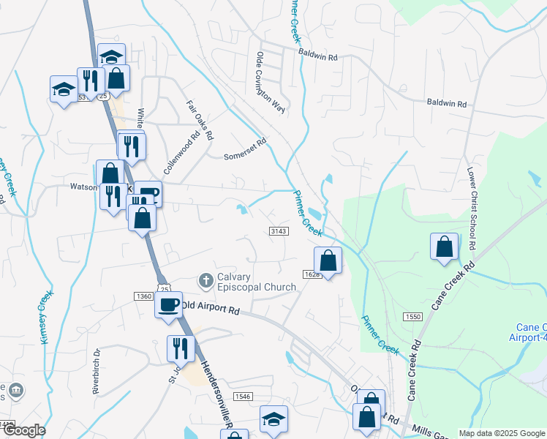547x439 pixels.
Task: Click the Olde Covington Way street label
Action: (x=269, y=81)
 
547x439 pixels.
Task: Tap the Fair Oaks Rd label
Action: (x=200, y=120)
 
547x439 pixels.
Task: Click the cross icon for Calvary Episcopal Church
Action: (x=205, y=280)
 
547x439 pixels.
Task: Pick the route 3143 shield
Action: (x=279, y=230)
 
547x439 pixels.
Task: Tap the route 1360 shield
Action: (x=143, y=296)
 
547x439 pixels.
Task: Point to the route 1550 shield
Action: (x=412, y=315)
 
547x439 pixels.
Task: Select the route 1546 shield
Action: (x=243, y=396)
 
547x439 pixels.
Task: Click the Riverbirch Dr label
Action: (x=96, y=375)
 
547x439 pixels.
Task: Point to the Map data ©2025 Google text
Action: (x=502, y=433)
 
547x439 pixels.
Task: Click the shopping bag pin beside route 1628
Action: (x=328, y=260)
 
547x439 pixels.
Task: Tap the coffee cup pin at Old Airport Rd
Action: (x=168, y=304)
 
